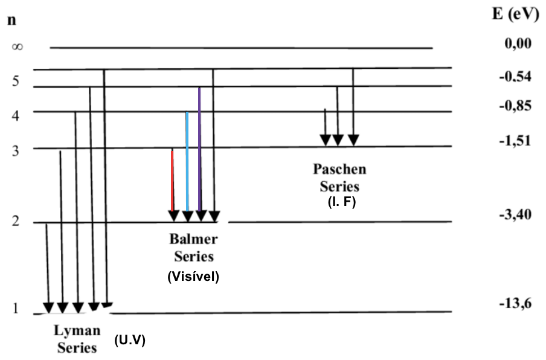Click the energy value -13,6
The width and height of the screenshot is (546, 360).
point(515,304)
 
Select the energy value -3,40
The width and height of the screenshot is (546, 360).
point(515,214)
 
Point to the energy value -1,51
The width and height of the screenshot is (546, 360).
point(515,141)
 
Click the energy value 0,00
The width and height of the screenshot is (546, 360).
point(518,43)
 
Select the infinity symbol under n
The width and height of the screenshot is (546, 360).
point(17,47)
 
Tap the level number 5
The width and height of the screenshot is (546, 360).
point(16,82)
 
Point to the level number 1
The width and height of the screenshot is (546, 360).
point(16,309)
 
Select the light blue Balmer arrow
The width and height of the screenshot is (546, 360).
point(187,163)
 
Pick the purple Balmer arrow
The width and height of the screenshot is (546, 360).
point(200,151)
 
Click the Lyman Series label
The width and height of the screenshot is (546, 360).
point(76,339)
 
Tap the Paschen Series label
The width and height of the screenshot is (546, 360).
point(339,177)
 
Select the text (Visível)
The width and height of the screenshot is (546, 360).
point(193,277)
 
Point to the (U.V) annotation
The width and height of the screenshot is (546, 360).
point(130,340)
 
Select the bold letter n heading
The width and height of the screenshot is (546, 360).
point(11,19)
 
